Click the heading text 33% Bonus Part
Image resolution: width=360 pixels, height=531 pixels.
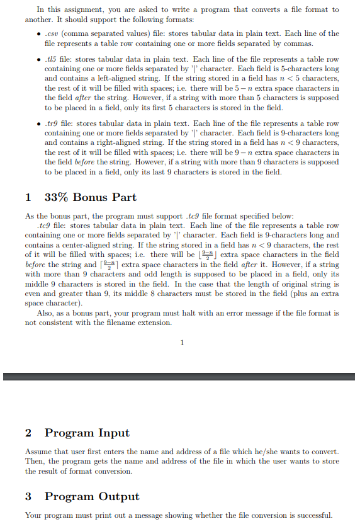90,197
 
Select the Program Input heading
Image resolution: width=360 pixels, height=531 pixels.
87,433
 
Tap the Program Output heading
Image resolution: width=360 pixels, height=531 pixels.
92,496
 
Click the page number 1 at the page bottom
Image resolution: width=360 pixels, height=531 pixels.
182,343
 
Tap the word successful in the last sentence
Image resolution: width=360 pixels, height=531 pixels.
313,516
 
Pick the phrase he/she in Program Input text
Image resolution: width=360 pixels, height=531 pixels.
234,452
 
